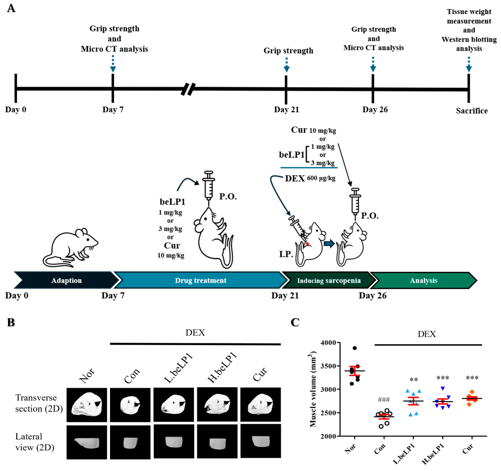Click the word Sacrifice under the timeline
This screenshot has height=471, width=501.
pos(472,111)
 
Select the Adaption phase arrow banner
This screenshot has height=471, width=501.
pos(66,280)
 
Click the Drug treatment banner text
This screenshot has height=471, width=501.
pos(201,280)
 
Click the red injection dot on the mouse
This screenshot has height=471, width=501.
pos(307,244)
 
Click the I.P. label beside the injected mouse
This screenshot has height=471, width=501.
pos(286,254)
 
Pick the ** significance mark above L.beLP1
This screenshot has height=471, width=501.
pos(414,380)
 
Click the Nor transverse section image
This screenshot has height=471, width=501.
pos(87,405)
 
